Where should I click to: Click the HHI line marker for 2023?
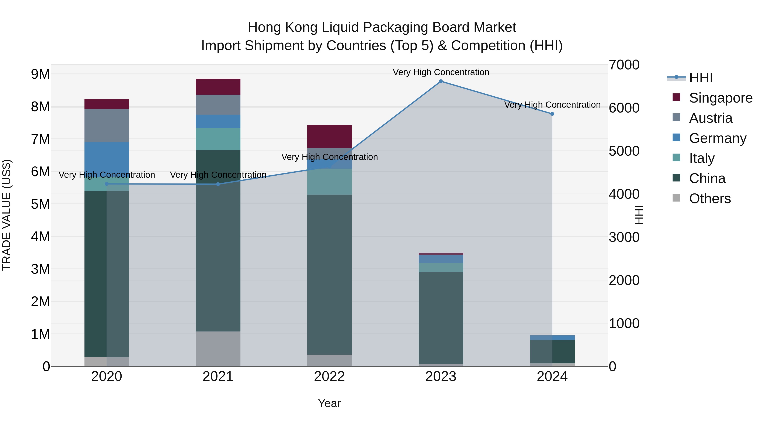click(x=441, y=81)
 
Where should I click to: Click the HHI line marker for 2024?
click(x=552, y=114)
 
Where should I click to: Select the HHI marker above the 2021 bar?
click(x=218, y=184)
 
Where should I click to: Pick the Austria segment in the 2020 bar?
click(x=107, y=125)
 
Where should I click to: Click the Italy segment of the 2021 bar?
click(x=218, y=139)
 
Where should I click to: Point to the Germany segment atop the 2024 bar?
click(x=552, y=337)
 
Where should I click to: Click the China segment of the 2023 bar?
click(x=441, y=317)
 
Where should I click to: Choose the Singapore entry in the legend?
click(x=720, y=98)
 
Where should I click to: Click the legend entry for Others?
click(x=710, y=199)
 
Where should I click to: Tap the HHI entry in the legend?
click(x=701, y=78)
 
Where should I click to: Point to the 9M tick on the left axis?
click(x=41, y=74)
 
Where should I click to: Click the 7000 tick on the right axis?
click(x=624, y=65)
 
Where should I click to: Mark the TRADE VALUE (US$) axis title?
click(x=7, y=215)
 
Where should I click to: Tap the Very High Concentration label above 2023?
click(x=441, y=72)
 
